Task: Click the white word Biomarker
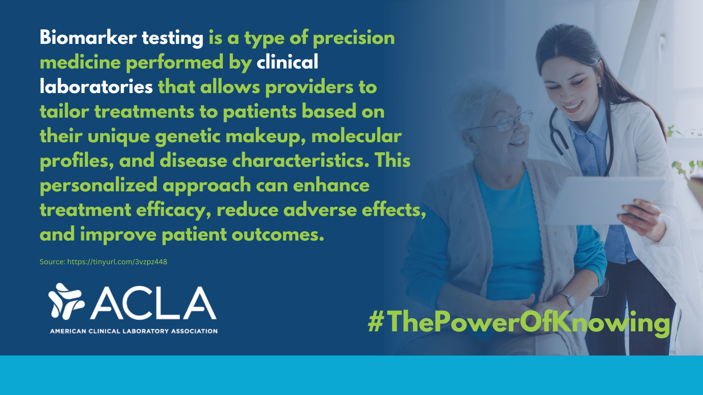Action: [x=88, y=38]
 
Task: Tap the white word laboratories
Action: [x=96, y=87]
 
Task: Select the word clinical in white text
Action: [x=287, y=62]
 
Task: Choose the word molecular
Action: [x=356, y=136]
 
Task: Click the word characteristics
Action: [x=301, y=161]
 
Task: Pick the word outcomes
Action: [x=278, y=235]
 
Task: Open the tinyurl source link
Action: [x=117, y=262]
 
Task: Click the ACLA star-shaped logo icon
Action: [x=66, y=301]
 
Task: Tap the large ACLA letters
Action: [x=153, y=303]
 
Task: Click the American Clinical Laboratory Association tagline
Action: [x=134, y=331]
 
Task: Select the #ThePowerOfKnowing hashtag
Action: [x=519, y=323]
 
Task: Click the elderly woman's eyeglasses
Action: [x=505, y=123]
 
